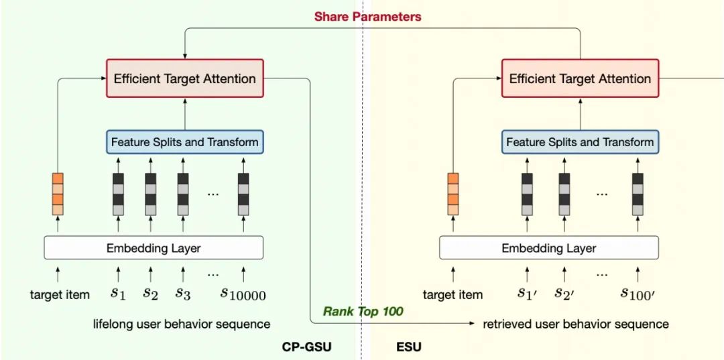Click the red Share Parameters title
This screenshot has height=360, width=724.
[x=367, y=17]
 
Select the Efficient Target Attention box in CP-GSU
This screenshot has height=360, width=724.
[x=185, y=78]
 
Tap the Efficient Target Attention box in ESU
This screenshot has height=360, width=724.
[x=580, y=78]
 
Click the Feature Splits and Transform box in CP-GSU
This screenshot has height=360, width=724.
[x=185, y=141]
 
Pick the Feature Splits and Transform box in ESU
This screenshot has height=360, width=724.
[x=580, y=141]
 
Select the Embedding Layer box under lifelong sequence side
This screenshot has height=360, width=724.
[x=154, y=248]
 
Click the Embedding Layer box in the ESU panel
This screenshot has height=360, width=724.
[x=549, y=248]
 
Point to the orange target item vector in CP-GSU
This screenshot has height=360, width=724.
[x=58, y=194]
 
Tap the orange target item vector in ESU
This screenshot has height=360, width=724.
[x=453, y=194]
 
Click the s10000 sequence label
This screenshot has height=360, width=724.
[x=243, y=293]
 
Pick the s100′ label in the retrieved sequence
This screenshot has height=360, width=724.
[x=639, y=293]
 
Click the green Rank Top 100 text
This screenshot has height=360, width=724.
[x=363, y=312]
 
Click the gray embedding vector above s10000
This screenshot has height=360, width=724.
[x=243, y=194]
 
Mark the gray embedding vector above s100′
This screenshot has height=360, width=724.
[x=638, y=194]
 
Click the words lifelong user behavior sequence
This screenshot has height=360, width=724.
[x=182, y=324]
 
